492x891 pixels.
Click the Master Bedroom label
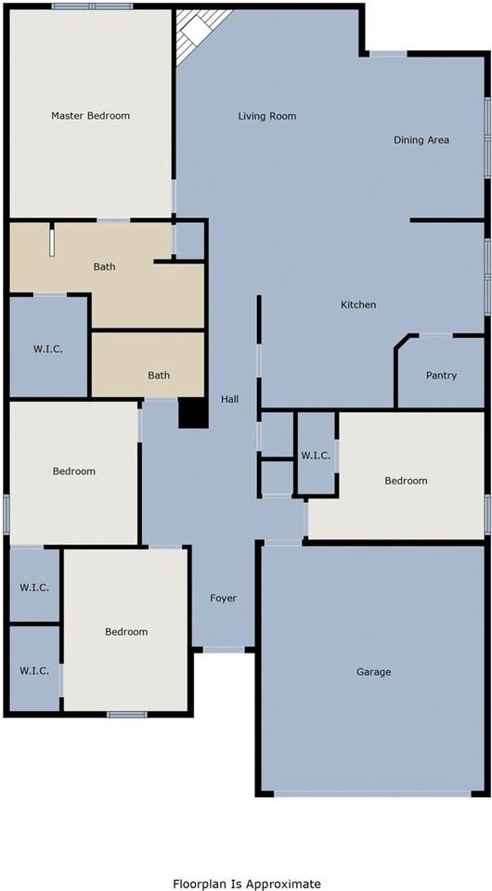[90, 115]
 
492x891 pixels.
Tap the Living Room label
[267, 116]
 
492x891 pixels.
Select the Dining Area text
[421, 140]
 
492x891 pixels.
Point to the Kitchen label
[358, 304]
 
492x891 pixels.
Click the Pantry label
[442, 376]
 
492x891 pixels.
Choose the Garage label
[374, 672]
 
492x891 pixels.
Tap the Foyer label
[224, 598]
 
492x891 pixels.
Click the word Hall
[229, 399]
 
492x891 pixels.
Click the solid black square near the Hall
[193, 413]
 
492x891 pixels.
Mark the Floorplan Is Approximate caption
[247, 884]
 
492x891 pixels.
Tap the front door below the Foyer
[224, 649]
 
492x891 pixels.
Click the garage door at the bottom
[373, 793]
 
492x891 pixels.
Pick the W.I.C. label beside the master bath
[47, 349]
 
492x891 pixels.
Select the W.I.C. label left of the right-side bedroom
[316, 455]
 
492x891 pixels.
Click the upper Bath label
[105, 266]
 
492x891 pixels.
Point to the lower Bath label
[159, 375]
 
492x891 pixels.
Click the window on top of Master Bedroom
[92, 6]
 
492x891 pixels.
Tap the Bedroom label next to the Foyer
[126, 632]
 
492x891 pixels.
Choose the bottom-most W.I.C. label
[34, 670]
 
